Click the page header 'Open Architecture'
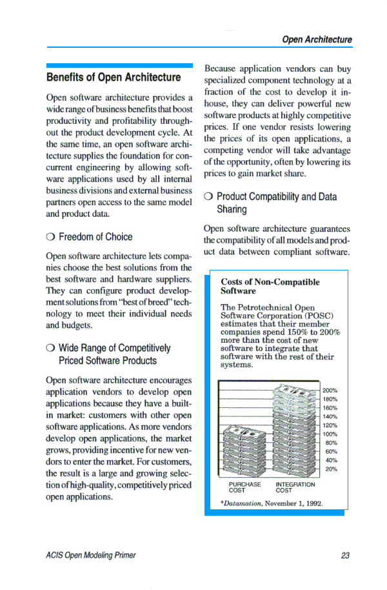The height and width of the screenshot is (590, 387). pyautogui.click(x=317, y=39)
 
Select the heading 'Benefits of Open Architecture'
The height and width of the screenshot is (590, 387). pyautogui.click(x=114, y=77)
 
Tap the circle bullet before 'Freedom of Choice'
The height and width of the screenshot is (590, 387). pyautogui.click(x=50, y=237)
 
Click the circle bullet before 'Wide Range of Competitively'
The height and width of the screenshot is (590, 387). pyautogui.click(x=50, y=349)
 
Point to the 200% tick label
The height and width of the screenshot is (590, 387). pyautogui.click(x=330, y=391)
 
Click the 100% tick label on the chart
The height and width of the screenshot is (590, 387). pyautogui.click(x=330, y=434)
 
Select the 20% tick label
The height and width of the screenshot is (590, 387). pyautogui.click(x=331, y=469)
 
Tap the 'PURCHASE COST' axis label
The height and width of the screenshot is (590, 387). pyautogui.click(x=244, y=487)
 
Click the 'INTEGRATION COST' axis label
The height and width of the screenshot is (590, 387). pyautogui.click(x=295, y=487)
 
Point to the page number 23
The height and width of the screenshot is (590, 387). pyautogui.click(x=346, y=555)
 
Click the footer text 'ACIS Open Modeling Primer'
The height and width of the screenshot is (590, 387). pyautogui.click(x=91, y=555)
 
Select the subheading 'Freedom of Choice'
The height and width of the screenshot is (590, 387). pyautogui.click(x=95, y=237)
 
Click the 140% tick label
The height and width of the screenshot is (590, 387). pyautogui.click(x=330, y=416)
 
